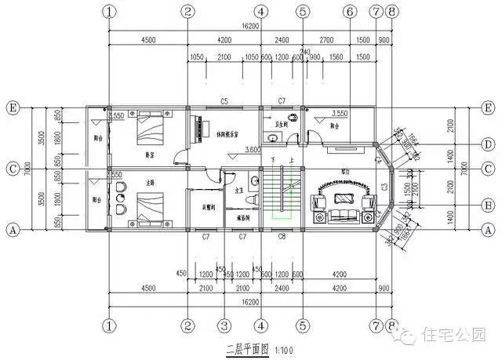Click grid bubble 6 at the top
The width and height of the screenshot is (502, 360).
(350, 12)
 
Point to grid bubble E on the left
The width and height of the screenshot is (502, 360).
(13, 107)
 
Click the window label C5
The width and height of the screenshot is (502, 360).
(224, 101)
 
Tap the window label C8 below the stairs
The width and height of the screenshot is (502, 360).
(282, 236)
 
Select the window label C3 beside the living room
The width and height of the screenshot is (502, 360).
(384, 186)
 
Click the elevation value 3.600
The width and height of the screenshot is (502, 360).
(253, 149)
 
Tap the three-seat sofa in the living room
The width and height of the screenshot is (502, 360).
(342, 213)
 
